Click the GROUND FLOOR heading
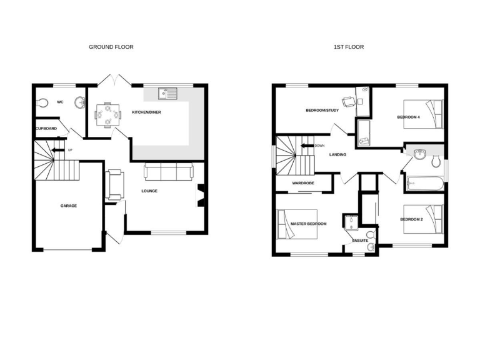(x=111, y=47)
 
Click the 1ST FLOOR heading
(x=348, y=47)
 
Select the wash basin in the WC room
(x=80, y=102)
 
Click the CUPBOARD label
(x=46, y=129)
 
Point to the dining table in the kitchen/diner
(x=107, y=114)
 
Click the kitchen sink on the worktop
(x=168, y=94)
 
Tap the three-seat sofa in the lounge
(x=168, y=171)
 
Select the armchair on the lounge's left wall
(x=115, y=185)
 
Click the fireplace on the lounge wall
(x=202, y=194)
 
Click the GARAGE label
(x=68, y=206)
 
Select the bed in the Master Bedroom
(x=296, y=223)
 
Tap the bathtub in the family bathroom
(x=425, y=184)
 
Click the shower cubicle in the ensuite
(x=349, y=222)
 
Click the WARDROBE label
(x=303, y=183)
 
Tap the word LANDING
(x=337, y=155)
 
